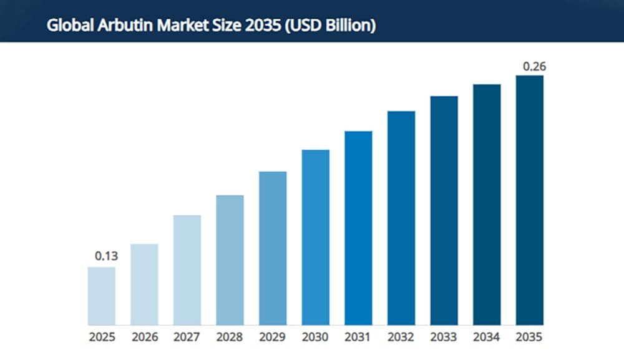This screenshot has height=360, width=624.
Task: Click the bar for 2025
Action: [x=101, y=296]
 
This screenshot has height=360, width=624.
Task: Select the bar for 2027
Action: [x=187, y=270]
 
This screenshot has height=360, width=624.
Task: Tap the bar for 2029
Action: [x=273, y=248]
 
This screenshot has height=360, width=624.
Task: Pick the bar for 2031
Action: [x=358, y=228]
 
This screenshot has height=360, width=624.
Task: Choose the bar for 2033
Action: [x=444, y=210]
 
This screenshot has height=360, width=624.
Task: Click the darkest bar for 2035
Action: [x=529, y=200]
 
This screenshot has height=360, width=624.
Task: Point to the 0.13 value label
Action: [x=106, y=256]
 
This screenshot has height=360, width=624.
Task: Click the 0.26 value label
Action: [x=534, y=66]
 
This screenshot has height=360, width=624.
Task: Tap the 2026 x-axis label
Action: [x=144, y=338]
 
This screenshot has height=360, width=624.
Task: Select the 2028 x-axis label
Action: [x=230, y=338]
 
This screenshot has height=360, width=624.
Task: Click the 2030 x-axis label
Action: [x=315, y=338]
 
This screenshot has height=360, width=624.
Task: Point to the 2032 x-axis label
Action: [x=401, y=338]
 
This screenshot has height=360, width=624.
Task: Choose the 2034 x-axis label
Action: [x=487, y=338]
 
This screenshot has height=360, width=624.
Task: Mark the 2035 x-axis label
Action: [x=529, y=338]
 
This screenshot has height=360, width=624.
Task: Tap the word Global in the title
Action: [x=65, y=27]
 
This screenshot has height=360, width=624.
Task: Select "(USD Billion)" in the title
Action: [x=329, y=27]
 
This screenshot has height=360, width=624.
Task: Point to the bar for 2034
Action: [x=487, y=205]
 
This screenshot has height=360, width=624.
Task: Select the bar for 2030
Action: [x=315, y=237]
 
